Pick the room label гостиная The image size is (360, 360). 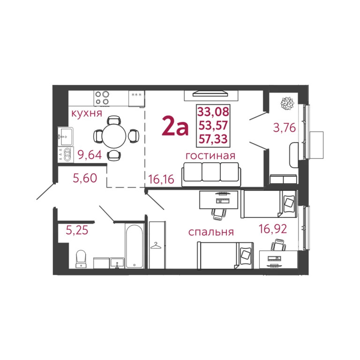pyautogui.click(x=210, y=156)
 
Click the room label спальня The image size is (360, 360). pyautogui.click(x=211, y=232)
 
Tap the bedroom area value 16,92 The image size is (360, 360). pyautogui.click(x=273, y=229)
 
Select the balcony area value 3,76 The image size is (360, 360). pyautogui.click(x=285, y=127)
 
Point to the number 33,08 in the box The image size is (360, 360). pyautogui.click(x=213, y=112)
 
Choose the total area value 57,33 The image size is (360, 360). pyautogui.click(x=213, y=139)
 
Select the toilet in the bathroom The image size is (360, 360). pyautogui.click(x=81, y=258)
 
